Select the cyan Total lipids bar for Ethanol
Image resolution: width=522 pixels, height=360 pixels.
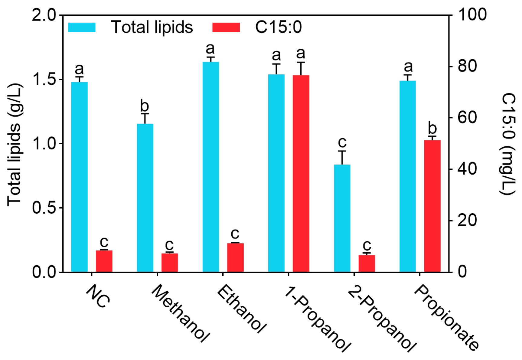pyautogui.click(x=211, y=167)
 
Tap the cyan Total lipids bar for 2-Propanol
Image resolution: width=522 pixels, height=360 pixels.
pyautogui.click(x=342, y=218)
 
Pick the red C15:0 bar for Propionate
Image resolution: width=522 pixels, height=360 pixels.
pyautogui.click(x=432, y=206)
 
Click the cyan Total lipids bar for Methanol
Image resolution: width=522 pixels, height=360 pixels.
pyautogui.click(x=145, y=198)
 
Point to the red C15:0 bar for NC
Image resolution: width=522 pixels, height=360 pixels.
pyautogui.click(x=104, y=261)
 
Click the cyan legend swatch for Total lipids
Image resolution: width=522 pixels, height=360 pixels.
pyautogui.click(x=82, y=27)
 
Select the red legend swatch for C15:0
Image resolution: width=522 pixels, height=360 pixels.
pyautogui.click(x=226, y=27)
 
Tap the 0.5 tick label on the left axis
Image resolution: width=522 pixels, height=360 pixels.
pyautogui.click(x=44, y=208)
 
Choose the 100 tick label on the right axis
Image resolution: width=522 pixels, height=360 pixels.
pyautogui.click(x=472, y=15)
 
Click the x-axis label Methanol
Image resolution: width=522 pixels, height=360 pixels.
pyautogui.click(x=181, y=313)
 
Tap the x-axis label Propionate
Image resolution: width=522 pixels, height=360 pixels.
pyautogui.click(x=446, y=317)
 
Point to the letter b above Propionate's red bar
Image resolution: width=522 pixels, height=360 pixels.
pyautogui.click(x=432, y=128)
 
